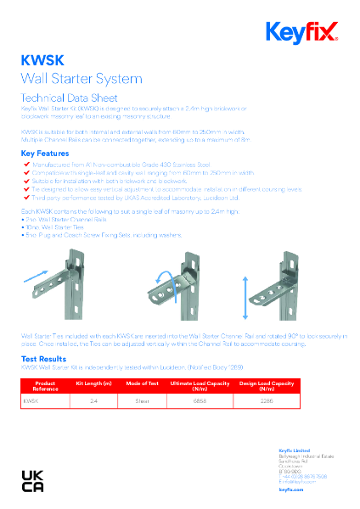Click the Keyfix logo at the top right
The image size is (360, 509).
click(302, 33)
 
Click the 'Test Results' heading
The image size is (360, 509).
click(42, 359)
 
